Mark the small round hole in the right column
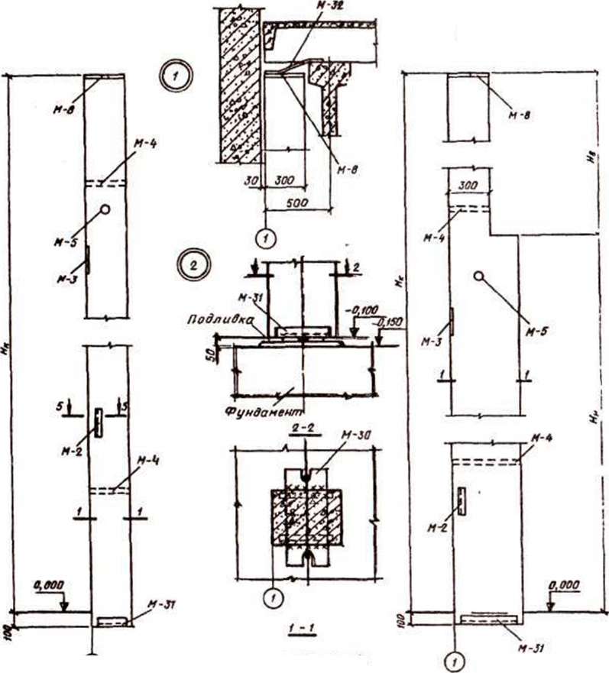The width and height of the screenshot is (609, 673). click(478, 275)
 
